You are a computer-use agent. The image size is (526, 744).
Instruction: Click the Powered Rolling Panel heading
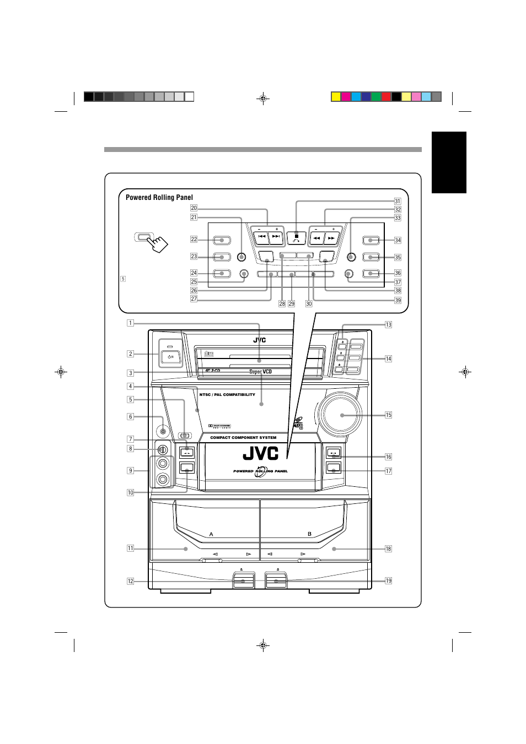(x=159, y=197)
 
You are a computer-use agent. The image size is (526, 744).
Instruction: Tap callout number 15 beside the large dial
(x=388, y=415)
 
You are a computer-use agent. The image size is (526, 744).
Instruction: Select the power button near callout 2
(x=170, y=356)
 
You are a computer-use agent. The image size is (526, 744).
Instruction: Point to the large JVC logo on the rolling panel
(x=261, y=454)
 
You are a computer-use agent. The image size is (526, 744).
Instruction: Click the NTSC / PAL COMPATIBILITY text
(x=227, y=395)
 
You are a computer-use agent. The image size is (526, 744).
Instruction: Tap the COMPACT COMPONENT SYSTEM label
(x=243, y=438)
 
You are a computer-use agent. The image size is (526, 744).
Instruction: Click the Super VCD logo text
(x=260, y=372)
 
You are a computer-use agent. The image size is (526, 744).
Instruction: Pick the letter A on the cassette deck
(x=211, y=534)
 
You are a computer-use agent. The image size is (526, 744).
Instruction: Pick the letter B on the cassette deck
(x=309, y=534)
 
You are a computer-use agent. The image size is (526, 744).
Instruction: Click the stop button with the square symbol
(x=297, y=237)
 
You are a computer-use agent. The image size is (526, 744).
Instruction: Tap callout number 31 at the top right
(x=397, y=201)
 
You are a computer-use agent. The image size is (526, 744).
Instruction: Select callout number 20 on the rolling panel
(x=194, y=208)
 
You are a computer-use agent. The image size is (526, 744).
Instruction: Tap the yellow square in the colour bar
(x=335, y=97)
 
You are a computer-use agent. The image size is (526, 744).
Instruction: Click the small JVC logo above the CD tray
(x=260, y=340)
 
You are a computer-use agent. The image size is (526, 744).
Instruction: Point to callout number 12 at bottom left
(x=131, y=581)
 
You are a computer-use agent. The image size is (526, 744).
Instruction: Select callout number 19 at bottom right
(x=388, y=580)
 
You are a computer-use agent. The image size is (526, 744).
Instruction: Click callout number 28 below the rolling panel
(x=282, y=303)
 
